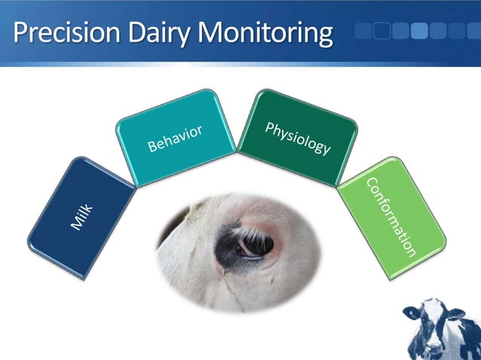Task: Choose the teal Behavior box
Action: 176,137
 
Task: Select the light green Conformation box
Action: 391,218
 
